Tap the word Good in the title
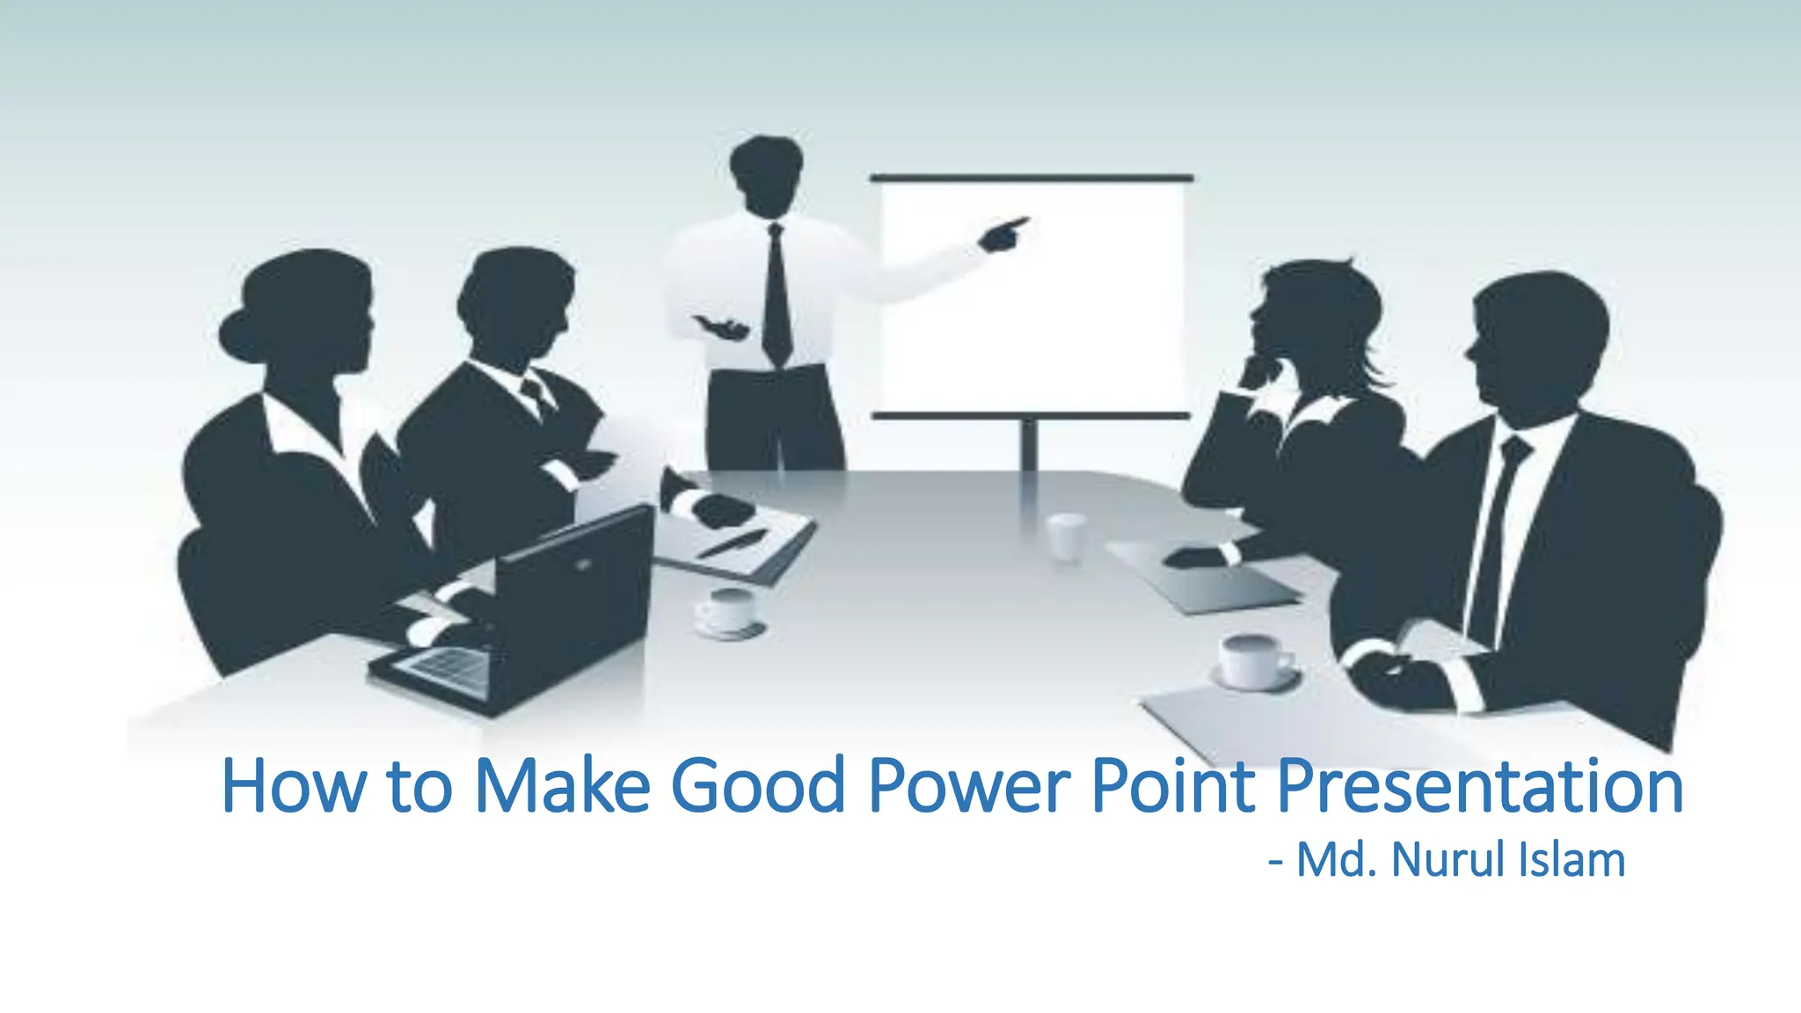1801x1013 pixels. click(x=757, y=785)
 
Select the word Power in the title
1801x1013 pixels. click(x=969, y=785)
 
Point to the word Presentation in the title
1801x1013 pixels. click(x=1479, y=785)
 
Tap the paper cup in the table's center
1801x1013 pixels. click(x=1066, y=536)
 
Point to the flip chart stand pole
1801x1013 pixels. click(x=1029, y=444)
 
